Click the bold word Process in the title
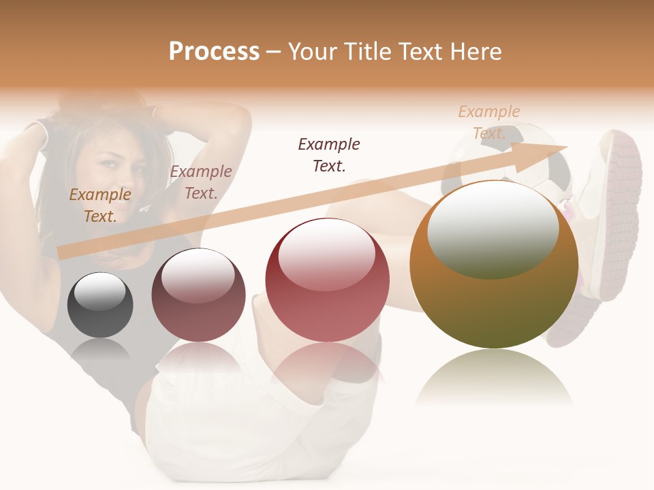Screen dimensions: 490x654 [x=214, y=52]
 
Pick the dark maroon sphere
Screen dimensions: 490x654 [x=198, y=295]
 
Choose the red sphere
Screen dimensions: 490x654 [x=327, y=280]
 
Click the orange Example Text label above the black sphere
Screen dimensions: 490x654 [x=100, y=206]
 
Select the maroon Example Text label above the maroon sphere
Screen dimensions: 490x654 [x=201, y=182]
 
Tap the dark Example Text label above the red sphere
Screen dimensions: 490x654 [x=329, y=154]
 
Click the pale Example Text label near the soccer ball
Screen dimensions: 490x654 [x=489, y=122]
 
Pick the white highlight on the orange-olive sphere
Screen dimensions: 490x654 [x=493, y=228]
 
